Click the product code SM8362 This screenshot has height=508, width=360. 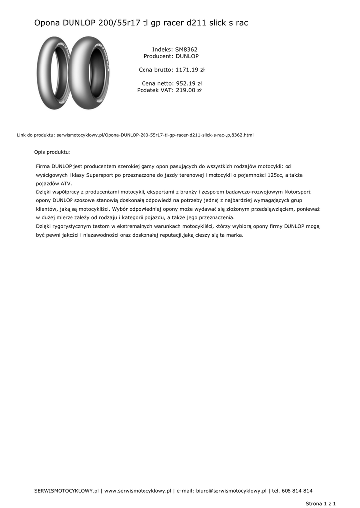click(x=186, y=50)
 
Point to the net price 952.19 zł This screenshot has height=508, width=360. click(x=189, y=84)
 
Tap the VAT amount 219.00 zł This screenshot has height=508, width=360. click(x=189, y=91)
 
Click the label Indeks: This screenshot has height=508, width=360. click(x=162, y=50)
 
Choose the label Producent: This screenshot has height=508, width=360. click(x=158, y=57)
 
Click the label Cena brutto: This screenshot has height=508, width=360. click(x=155, y=70)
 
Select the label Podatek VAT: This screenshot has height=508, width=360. click(x=155, y=91)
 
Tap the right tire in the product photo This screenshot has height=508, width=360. click(x=88, y=73)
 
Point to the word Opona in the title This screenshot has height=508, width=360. click(x=46, y=23)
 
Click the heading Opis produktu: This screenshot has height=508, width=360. click(x=52, y=152)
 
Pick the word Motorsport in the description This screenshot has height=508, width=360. click(x=297, y=192)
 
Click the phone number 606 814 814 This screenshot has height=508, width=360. click(x=297, y=491)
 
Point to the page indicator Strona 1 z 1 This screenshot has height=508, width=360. click(x=321, y=503)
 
